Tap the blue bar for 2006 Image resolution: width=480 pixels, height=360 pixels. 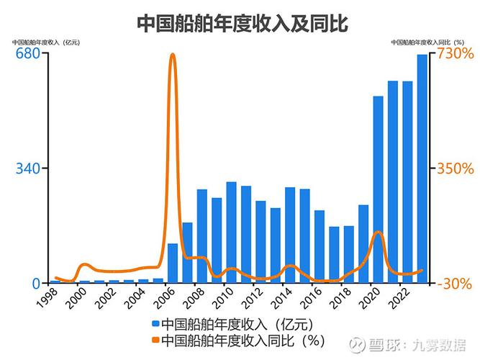(173, 263)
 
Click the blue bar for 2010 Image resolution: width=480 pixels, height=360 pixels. (231, 232)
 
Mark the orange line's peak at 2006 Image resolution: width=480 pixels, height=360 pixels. (173, 55)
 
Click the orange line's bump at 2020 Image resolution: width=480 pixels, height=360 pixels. (377, 233)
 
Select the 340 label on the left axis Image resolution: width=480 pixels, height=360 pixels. (27, 168)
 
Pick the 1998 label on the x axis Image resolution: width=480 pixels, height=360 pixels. (49, 298)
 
